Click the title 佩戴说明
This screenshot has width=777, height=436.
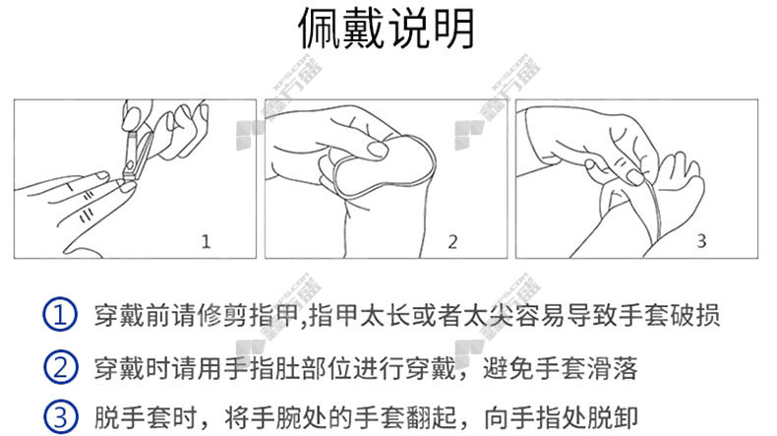[386, 29]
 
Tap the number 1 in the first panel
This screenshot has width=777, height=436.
[206, 241]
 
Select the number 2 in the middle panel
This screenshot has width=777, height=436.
[452, 241]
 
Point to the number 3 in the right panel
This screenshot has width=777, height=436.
[701, 241]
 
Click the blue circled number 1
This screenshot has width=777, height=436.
[60, 315]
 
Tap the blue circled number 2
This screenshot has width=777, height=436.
[60, 367]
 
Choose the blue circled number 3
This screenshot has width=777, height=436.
[60, 417]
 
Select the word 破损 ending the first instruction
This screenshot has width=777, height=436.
[694, 315]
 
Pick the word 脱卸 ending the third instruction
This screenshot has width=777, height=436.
[613, 417]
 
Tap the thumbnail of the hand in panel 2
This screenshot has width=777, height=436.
[378, 150]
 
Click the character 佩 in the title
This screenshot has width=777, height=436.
[320, 29]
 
